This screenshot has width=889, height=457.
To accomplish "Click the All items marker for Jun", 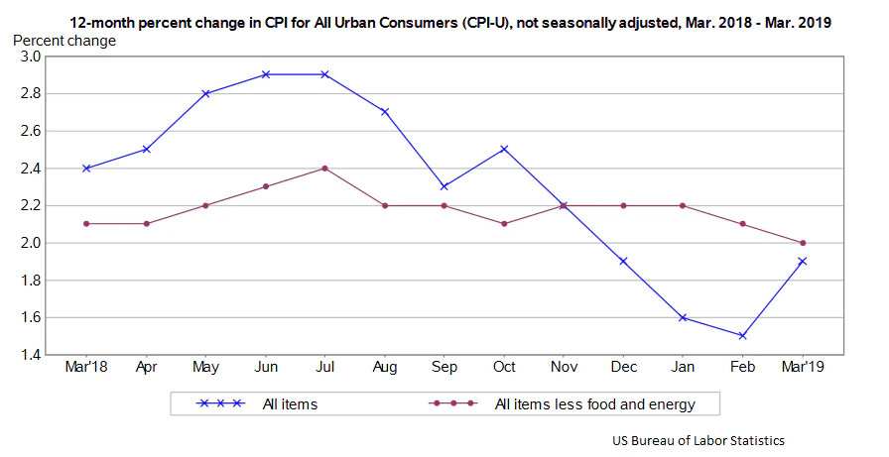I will [265, 74].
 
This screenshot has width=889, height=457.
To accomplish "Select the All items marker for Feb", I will [743, 336].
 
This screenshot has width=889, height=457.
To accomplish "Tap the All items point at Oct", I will [504, 149].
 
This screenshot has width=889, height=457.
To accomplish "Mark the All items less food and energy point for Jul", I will [324, 168].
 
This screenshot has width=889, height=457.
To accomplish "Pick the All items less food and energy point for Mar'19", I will [803, 243].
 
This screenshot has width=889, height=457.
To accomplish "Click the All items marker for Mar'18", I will [86, 168].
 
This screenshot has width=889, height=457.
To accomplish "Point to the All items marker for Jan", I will [684, 317].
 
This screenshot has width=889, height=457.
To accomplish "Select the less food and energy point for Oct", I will [504, 224].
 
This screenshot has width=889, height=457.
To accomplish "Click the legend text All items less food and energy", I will [593, 403].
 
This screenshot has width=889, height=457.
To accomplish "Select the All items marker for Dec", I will [623, 262].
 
